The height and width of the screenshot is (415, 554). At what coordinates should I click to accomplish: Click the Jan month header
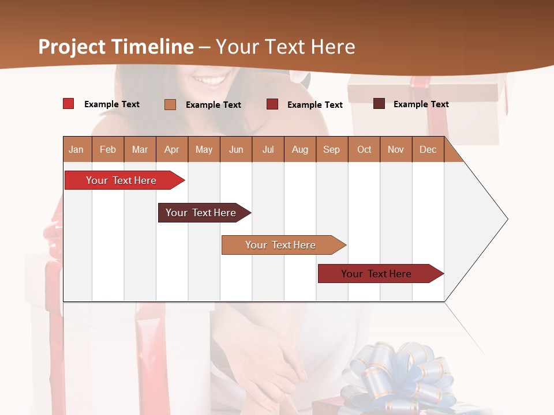tap(77, 149)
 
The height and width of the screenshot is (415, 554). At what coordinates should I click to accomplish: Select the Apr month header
tap(172, 149)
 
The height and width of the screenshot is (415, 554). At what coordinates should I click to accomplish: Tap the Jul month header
tap(268, 149)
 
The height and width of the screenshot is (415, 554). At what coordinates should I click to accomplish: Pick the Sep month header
tap(332, 149)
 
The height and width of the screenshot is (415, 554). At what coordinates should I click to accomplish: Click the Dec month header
tap(428, 149)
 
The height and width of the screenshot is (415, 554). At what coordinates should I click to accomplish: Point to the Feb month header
tap(108, 149)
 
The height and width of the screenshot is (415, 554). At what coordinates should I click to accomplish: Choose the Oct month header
tap(364, 149)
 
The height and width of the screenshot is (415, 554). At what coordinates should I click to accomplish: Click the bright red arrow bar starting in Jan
tap(121, 180)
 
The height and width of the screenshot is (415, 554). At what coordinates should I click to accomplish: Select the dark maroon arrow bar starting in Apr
tap(201, 213)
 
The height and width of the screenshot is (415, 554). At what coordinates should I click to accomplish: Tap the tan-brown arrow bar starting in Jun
tap(280, 245)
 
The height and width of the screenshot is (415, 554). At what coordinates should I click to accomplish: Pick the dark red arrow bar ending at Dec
tap(376, 274)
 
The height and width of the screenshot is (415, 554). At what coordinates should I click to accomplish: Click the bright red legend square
tap(69, 104)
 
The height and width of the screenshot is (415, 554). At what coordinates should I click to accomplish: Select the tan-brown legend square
tap(170, 104)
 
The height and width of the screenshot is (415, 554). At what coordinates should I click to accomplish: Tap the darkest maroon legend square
tap(379, 104)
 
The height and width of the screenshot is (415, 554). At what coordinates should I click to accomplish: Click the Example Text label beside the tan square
tap(213, 105)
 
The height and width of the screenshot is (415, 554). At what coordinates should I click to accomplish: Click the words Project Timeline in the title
tap(116, 47)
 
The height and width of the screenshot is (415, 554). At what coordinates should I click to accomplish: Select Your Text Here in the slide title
tap(285, 47)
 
